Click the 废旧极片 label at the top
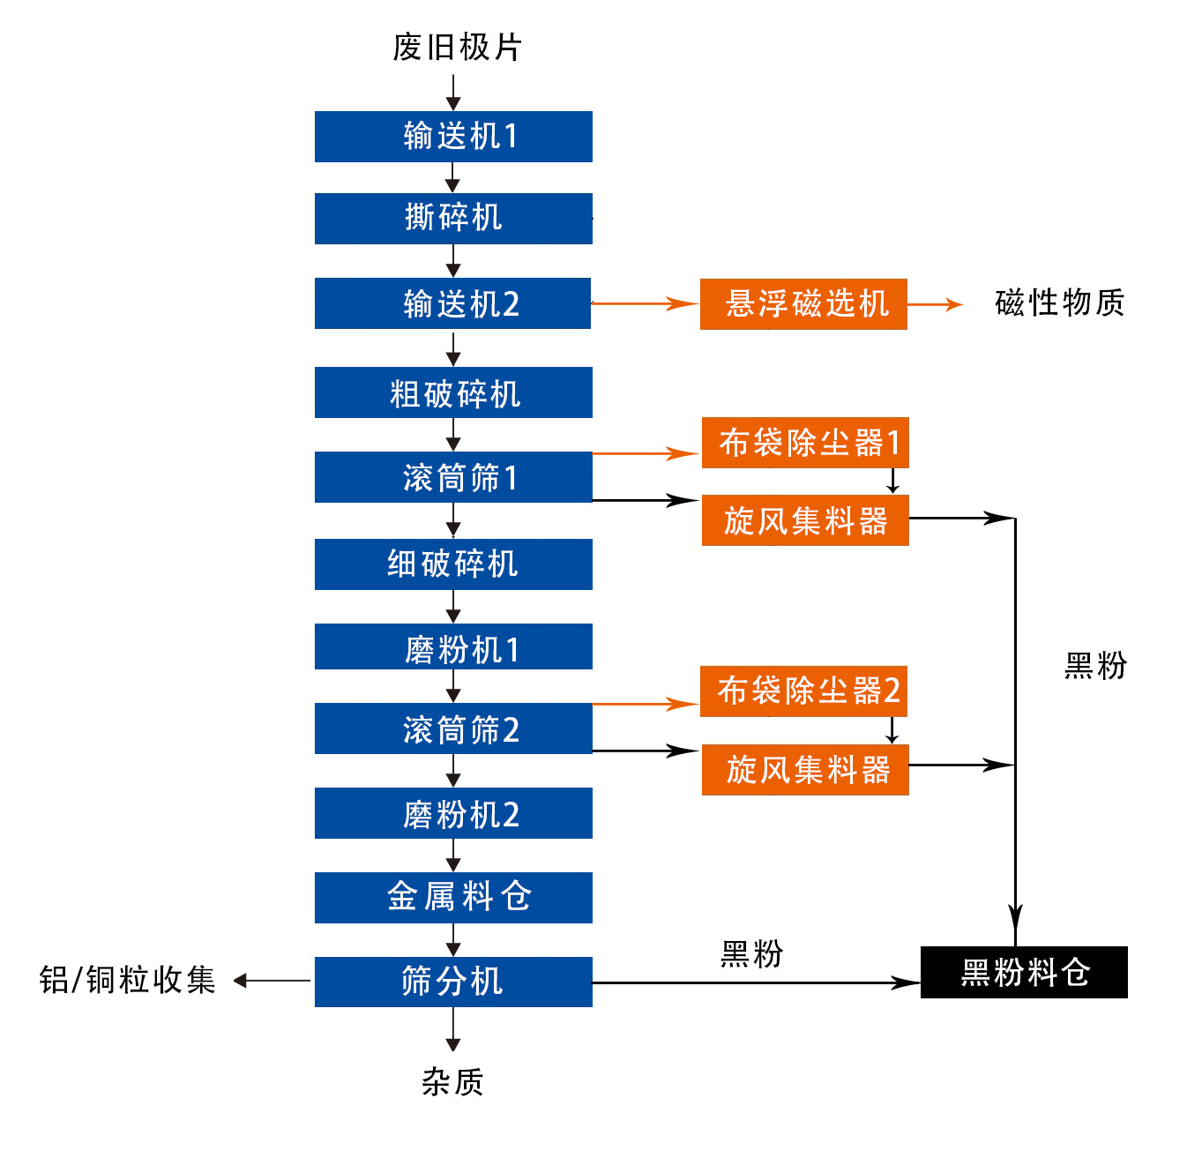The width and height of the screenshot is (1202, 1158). pyautogui.click(x=457, y=47)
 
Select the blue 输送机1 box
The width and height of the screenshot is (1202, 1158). pyautogui.click(x=453, y=137)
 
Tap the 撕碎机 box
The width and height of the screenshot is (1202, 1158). pyautogui.click(x=453, y=219)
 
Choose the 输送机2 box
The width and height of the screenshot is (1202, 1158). pyautogui.click(x=452, y=303)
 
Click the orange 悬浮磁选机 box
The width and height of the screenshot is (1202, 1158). pyautogui.click(x=803, y=304)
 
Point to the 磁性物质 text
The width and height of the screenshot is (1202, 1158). pyautogui.click(x=1059, y=303)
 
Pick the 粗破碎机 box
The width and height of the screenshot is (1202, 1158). pyautogui.click(x=453, y=393)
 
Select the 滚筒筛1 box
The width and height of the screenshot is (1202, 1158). pyautogui.click(x=453, y=477)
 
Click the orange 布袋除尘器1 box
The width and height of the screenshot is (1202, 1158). pyautogui.click(x=805, y=443)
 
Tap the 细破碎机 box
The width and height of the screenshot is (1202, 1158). pyautogui.click(x=453, y=564)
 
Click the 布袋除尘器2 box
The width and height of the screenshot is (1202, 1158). pyautogui.click(x=803, y=691)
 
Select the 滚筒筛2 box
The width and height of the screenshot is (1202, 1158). pyautogui.click(x=453, y=728)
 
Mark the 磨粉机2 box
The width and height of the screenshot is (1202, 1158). pyautogui.click(x=453, y=813)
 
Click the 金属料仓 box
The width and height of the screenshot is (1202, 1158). pyautogui.click(x=453, y=898)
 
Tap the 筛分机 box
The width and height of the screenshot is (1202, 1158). pyautogui.click(x=453, y=982)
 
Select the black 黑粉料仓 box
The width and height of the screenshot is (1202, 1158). pyautogui.click(x=1024, y=973)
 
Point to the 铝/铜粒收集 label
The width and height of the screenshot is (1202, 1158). pyautogui.click(x=128, y=980)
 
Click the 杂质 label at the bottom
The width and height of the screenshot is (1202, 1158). pyautogui.click(x=452, y=1082)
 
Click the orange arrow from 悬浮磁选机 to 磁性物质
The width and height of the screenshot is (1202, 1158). pyautogui.click(x=935, y=304)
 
